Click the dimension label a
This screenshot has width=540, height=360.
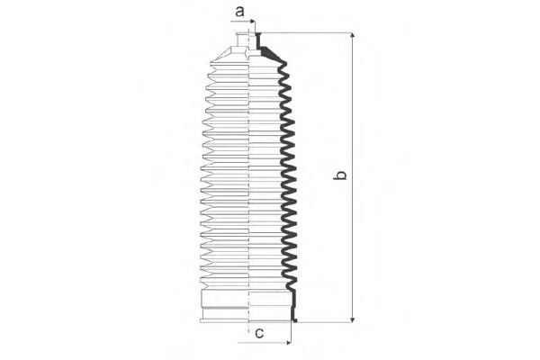tap(239, 11)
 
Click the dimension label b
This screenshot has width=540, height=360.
tap(340, 175)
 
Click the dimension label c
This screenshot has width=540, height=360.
tap(259, 333)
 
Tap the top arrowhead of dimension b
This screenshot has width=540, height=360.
tap(352, 35)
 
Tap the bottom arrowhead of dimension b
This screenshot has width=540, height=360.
tap(352, 319)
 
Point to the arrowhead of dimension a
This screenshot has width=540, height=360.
tap(253, 22)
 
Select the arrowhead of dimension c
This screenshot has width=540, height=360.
tap(288, 343)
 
